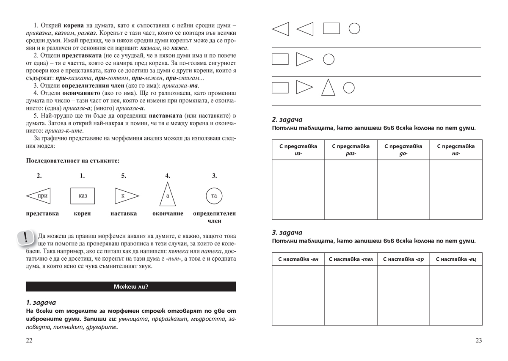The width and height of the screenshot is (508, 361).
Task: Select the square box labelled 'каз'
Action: (83, 196)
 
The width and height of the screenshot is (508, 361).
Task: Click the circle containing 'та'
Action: (214, 196)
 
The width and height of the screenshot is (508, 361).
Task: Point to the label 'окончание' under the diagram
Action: (168, 214)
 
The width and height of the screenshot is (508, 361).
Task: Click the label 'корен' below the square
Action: (82, 214)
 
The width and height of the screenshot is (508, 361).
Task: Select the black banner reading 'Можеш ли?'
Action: (131, 287)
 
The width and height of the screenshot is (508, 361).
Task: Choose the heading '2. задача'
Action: (287, 120)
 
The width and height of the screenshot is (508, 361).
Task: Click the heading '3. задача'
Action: (287, 232)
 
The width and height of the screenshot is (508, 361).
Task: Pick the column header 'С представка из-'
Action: (298, 150)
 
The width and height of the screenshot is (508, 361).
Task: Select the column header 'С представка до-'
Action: (403, 150)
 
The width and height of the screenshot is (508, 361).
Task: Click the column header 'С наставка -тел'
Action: (351, 259)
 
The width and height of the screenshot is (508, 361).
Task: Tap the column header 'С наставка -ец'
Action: (456, 259)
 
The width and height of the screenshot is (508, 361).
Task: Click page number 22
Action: (29, 340)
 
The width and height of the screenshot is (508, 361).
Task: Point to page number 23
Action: (478, 340)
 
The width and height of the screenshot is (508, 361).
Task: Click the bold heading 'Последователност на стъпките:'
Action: (73, 161)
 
